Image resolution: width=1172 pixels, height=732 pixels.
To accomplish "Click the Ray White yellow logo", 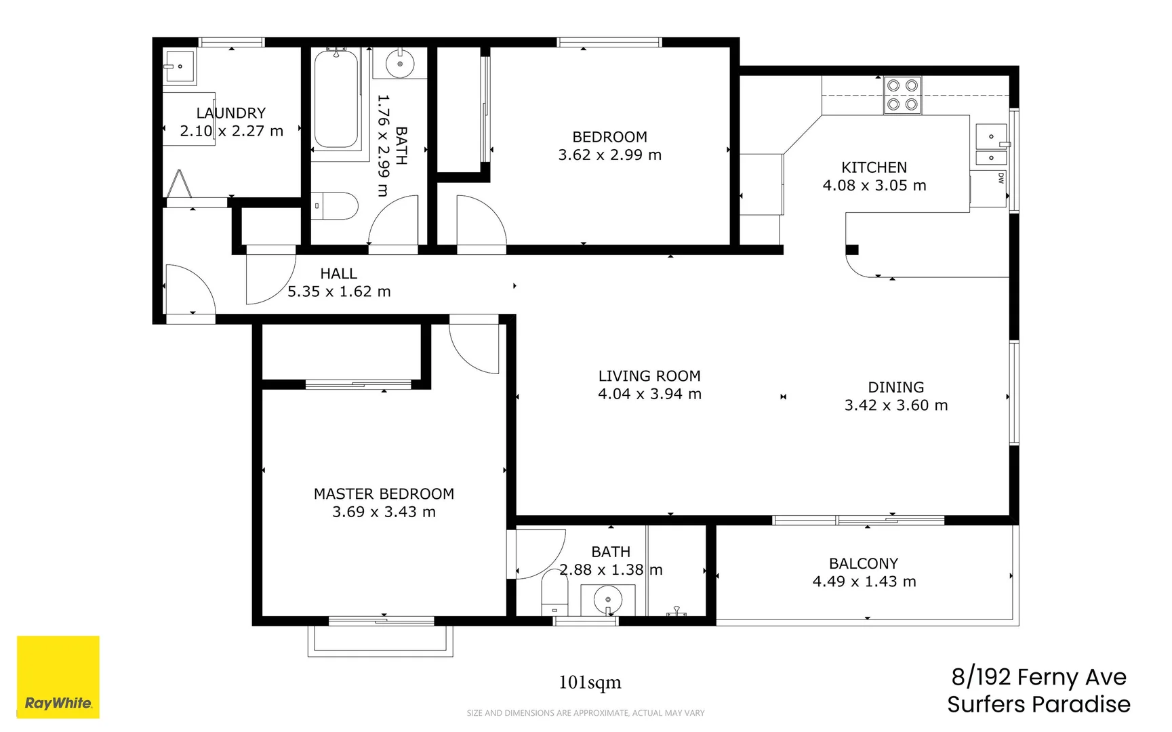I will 58,676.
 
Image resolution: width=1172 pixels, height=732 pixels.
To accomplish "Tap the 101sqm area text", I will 590,683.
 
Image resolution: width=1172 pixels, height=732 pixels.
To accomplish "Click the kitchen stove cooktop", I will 902,95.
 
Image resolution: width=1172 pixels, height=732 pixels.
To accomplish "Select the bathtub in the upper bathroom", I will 336,100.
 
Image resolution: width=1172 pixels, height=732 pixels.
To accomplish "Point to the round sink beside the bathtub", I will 400,64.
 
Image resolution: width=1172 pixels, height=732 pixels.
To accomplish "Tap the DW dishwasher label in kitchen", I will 1001,178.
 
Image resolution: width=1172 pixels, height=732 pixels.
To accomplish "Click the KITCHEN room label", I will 874,167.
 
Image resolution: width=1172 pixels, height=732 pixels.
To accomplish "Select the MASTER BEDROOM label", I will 384,494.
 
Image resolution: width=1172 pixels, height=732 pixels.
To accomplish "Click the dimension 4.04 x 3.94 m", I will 649,394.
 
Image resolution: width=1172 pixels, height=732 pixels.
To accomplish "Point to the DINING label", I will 895,387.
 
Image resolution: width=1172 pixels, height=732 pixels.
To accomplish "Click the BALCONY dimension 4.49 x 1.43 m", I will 864,582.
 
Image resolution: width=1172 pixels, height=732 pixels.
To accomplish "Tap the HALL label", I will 338,274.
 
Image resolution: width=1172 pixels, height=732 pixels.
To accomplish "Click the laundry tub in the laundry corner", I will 179,66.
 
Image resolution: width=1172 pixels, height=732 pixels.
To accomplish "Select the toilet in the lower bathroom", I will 554,591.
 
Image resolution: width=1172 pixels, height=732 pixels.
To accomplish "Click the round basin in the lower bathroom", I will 608,600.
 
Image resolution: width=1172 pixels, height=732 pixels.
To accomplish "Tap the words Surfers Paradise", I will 1038,704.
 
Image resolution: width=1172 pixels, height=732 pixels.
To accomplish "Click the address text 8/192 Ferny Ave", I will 1038,677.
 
